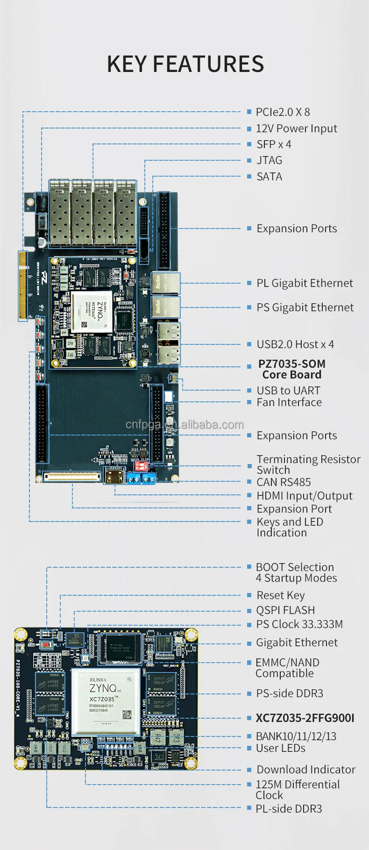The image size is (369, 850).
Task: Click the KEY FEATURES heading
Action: tap(185, 64)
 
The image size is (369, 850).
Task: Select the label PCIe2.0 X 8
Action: tap(283, 112)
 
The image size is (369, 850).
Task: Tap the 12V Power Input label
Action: tap(296, 129)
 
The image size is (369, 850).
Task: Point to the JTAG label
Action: tap(270, 160)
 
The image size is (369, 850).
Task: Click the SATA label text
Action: tap(270, 177)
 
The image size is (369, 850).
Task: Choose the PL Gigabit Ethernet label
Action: tap(305, 283)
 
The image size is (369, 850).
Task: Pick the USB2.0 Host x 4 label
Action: tap(295, 344)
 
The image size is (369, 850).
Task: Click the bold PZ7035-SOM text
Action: tap(291, 364)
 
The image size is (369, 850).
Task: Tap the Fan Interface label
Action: tap(289, 402)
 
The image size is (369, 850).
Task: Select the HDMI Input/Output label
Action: tap(305, 496)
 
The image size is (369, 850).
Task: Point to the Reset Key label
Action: tap(281, 595)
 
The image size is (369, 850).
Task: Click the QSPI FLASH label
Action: tap(285, 610)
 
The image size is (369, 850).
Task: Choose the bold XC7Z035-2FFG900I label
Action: tap(305, 718)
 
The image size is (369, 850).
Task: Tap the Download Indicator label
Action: tap(306, 770)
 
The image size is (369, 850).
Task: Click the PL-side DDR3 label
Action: tap(289, 809)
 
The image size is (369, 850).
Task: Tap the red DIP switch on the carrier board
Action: tap(141, 466)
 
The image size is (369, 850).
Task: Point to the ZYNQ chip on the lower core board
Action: tap(106, 701)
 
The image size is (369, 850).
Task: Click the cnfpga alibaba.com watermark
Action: tap(184, 425)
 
